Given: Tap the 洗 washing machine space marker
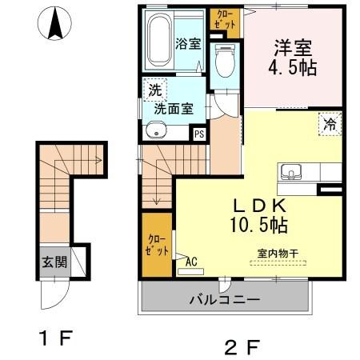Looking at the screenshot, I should pos(152,89).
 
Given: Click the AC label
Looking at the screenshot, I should pos(190,261).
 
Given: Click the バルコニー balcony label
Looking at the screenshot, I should pos(224,300).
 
